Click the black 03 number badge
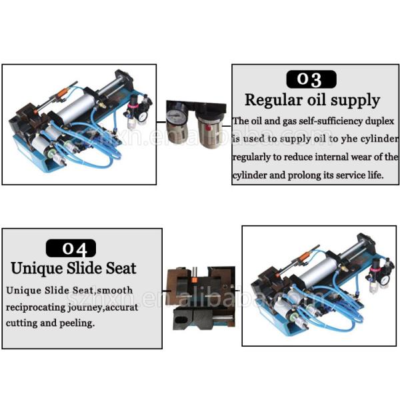point(311,79)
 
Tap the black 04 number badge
point(71,248)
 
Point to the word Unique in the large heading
point(37,269)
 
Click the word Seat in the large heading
point(121,269)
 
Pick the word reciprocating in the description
point(36,307)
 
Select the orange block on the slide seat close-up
point(194,280)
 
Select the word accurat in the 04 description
point(122,307)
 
